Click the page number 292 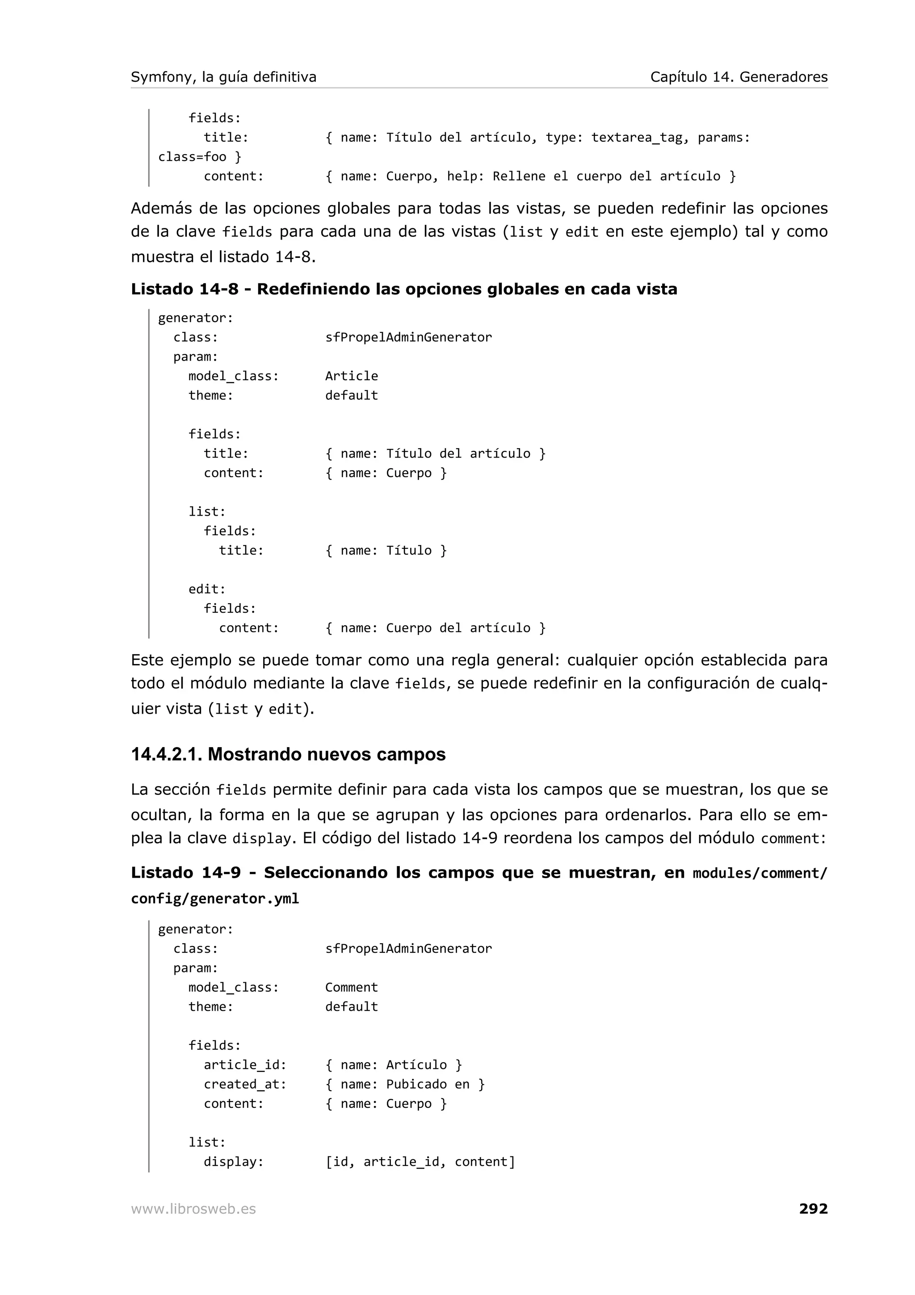[813, 1208]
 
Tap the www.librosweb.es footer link [193, 1209]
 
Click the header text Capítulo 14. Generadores [739, 77]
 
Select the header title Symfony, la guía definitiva [223, 77]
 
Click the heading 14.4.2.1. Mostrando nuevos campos [288, 754]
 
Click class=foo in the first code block [192, 157]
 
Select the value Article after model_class [351, 376]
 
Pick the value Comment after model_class [351, 988]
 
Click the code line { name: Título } [386, 551]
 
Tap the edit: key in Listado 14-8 [207, 589]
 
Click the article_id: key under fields [245, 1065]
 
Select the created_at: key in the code [245, 1084]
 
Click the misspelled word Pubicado [416, 1084]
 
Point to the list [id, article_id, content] [420, 1162]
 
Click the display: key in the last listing [233, 1162]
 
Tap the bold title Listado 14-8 [185, 290]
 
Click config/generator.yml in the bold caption [215, 899]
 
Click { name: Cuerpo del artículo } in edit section [435, 628]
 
